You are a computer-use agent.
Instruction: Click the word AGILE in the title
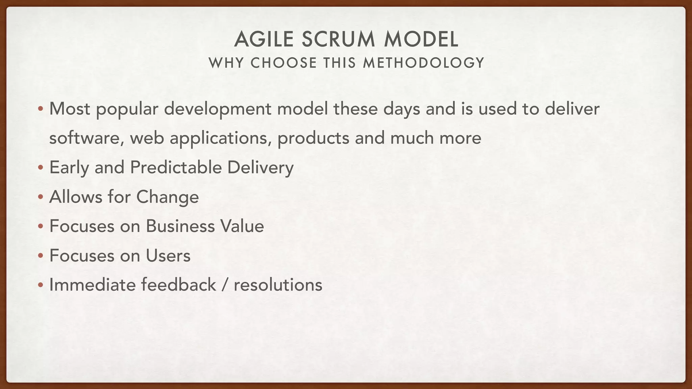pyautogui.click(x=264, y=39)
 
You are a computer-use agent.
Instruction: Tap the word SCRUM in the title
pyautogui.click(x=338, y=39)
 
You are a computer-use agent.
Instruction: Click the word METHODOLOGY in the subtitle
pyautogui.click(x=424, y=63)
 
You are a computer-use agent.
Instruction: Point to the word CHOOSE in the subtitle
pyautogui.click(x=284, y=63)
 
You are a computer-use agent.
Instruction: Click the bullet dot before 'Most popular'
pyautogui.click(x=41, y=109)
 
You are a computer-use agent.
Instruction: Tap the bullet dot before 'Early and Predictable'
pyautogui.click(x=41, y=168)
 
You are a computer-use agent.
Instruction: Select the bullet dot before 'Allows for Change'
pyautogui.click(x=41, y=197)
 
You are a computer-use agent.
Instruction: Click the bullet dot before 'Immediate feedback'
pyautogui.click(x=41, y=285)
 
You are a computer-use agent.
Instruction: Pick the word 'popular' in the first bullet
pyautogui.click(x=127, y=109)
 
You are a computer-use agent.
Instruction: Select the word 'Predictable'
pyautogui.click(x=176, y=167)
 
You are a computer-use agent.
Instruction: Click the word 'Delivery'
pyautogui.click(x=260, y=168)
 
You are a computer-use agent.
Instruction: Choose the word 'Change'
pyautogui.click(x=168, y=197)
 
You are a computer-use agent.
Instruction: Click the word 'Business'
pyautogui.click(x=180, y=226)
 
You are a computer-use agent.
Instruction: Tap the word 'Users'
pyautogui.click(x=168, y=256)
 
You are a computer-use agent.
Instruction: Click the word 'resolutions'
pyautogui.click(x=278, y=285)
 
